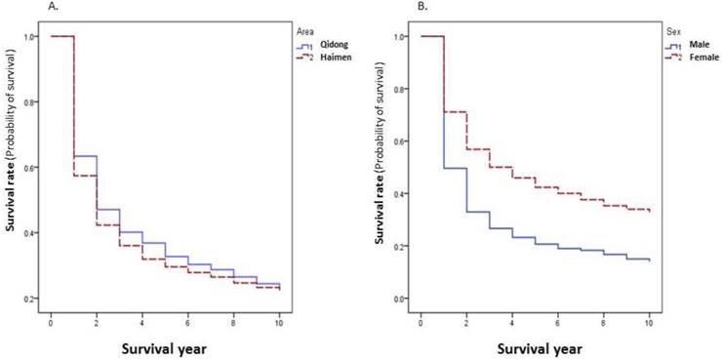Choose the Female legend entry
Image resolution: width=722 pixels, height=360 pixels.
pyautogui.click(x=702, y=57)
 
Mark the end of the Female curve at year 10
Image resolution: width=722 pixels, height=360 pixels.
pyautogui.click(x=650, y=211)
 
